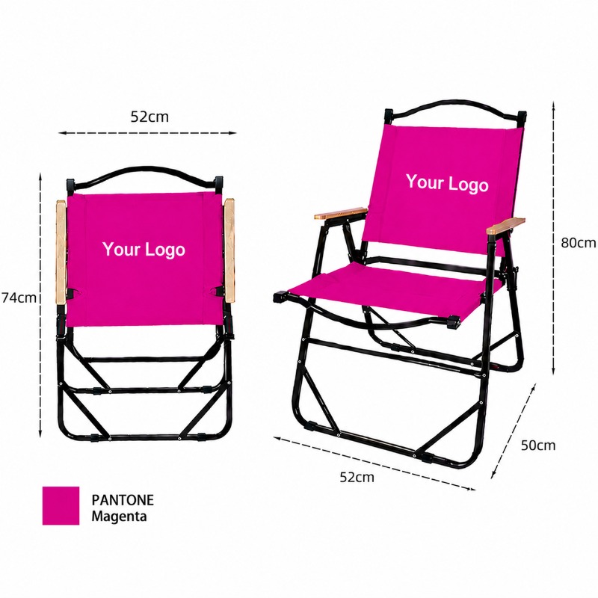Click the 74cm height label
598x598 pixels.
click(x=19, y=298)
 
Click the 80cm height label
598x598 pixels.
click(x=578, y=242)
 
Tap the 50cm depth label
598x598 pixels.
click(x=538, y=445)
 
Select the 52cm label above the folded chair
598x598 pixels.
click(x=149, y=117)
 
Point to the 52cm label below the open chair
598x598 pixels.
click(x=357, y=477)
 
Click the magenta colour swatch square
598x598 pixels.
click(x=61, y=505)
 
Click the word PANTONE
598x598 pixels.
click(x=123, y=500)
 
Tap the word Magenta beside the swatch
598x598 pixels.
click(x=119, y=517)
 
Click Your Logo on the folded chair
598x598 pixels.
click(x=144, y=250)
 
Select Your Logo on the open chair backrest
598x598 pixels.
click(x=447, y=183)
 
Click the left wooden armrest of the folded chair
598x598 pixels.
click(x=61, y=252)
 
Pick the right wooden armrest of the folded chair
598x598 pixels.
click(x=229, y=250)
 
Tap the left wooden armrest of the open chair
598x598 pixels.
click(x=341, y=213)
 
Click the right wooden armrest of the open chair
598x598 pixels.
click(x=505, y=226)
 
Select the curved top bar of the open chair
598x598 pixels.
click(x=456, y=102)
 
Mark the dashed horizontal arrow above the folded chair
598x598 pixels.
click(x=147, y=133)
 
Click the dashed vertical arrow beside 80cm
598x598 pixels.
click(x=553, y=238)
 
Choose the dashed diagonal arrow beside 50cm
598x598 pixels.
click(x=514, y=431)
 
